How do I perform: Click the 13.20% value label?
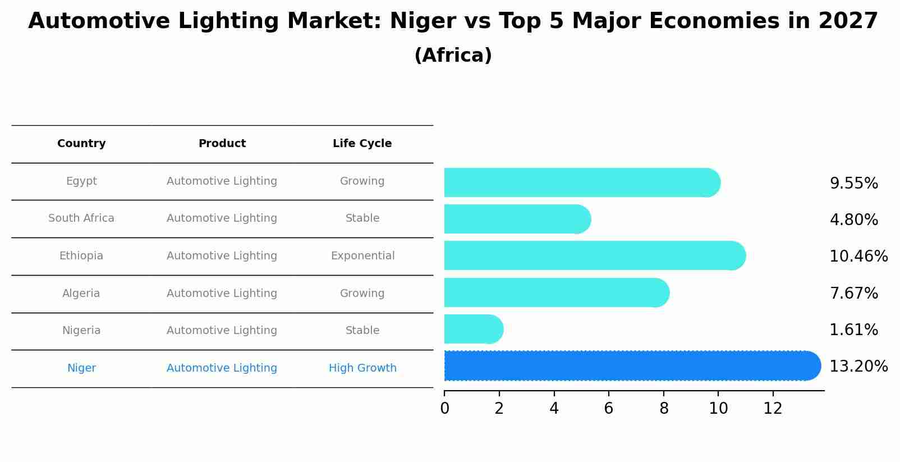pyautogui.click(x=858, y=367)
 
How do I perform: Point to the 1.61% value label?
pyautogui.click(x=853, y=330)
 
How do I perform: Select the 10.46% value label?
pyautogui.click(x=858, y=257)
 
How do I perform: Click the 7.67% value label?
pyautogui.click(x=853, y=294)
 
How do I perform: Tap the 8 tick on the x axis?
pyautogui.click(x=664, y=409)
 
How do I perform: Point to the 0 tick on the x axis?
pyautogui.click(x=444, y=409)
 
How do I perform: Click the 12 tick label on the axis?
pyautogui.click(x=773, y=409)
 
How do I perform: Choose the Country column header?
pyautogui.click(x=81, y=144)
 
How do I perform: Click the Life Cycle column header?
pyautogui.click(x=362, y=144)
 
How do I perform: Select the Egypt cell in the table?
pyautogui.click(x=81, y=181)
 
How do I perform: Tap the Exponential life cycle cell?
pyautogui.click(x=362, y=256)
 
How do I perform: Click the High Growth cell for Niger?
pyautogui.click(x=362, y=368)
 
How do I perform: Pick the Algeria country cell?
pyautogui.click(x=81, y=294)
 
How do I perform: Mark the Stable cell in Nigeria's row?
pyautogui.click(x=362, y=331)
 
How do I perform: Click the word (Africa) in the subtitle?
pyautogui.click(x=453, y=56)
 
